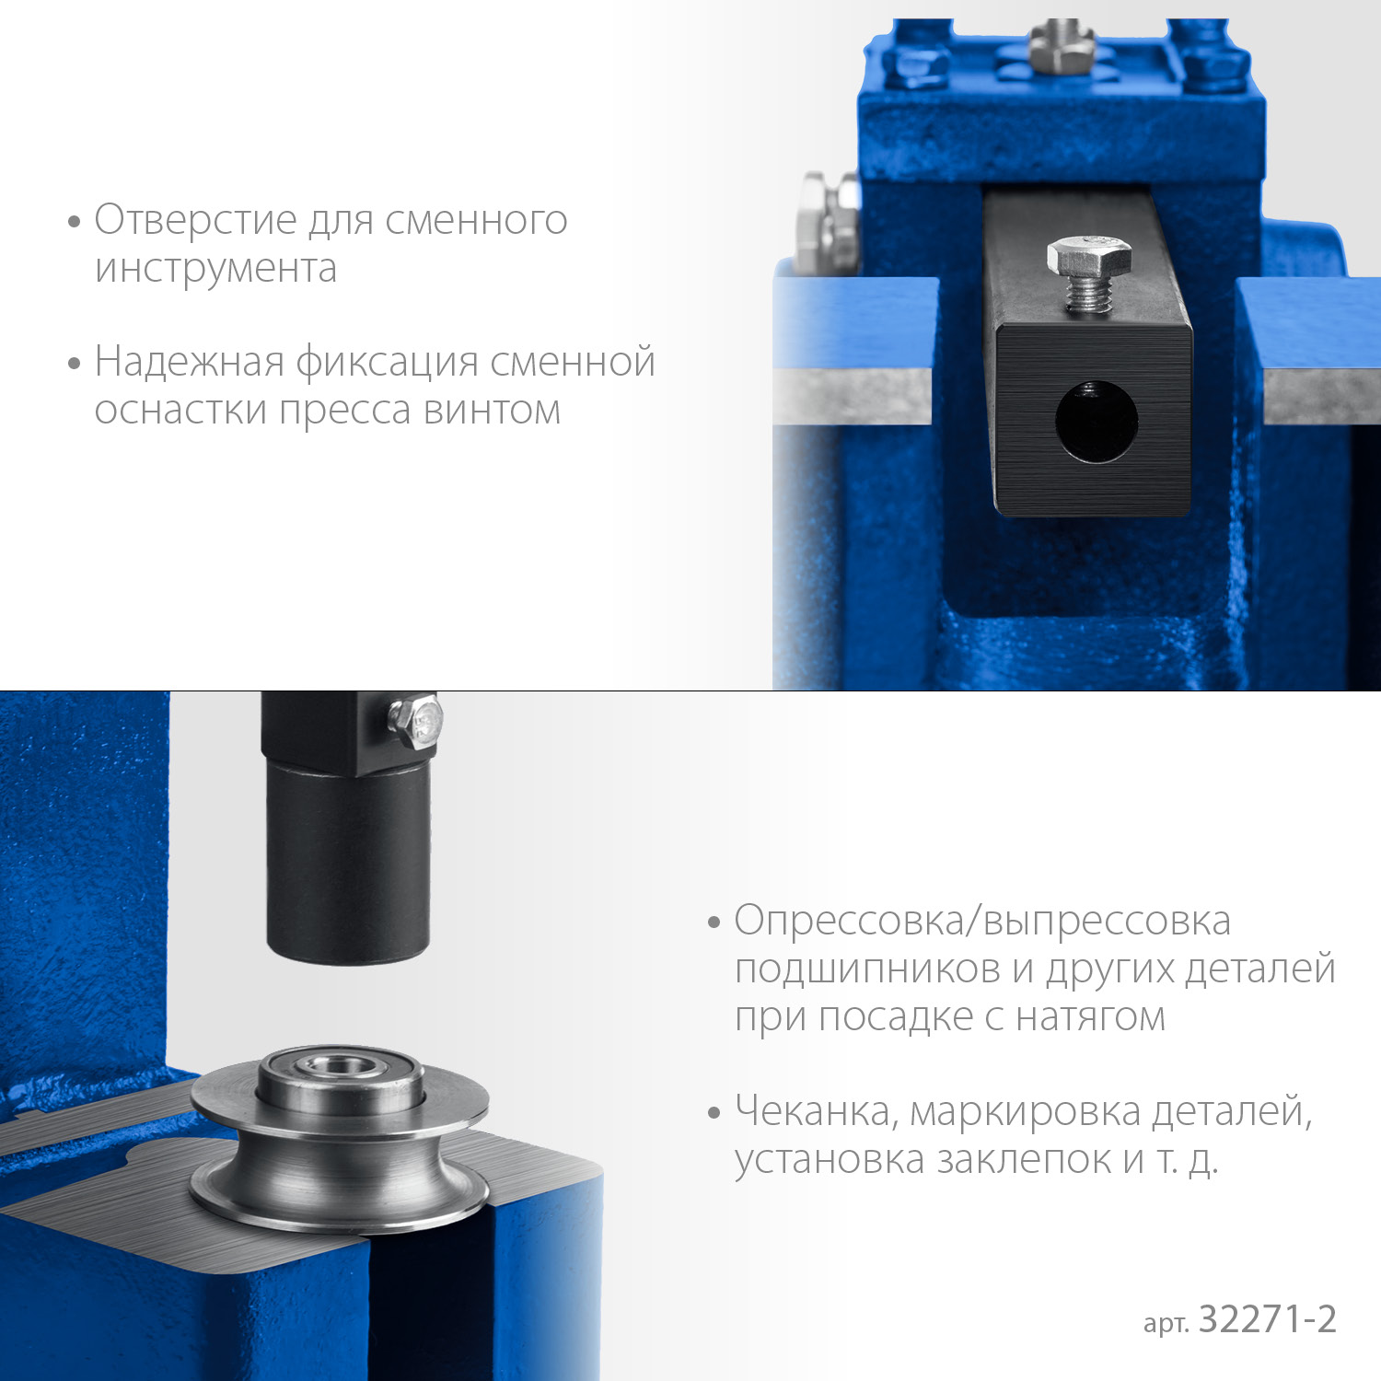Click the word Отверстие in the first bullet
(x=195, y=220)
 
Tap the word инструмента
(x=215, y=269)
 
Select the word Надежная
(x=190, y=362)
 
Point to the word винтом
(x=492, y=410)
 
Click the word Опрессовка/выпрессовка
(x=982, y=922)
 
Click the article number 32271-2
(x=1267, y=1319)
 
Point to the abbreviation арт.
(x=1166, y=1324)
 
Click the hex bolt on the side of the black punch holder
(x=416, y=722)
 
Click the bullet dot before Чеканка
(x=714, y=1113)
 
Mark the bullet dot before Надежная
(x=75, y=363)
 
